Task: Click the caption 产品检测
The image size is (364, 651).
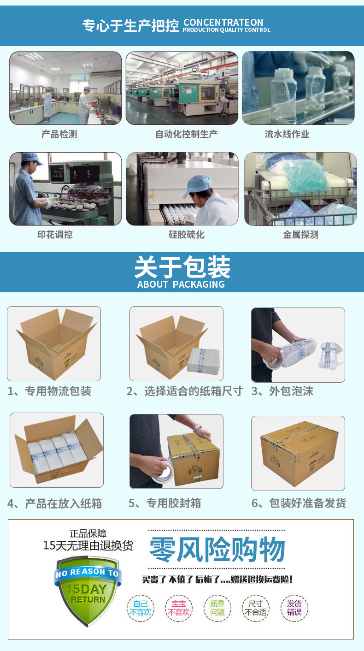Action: point(59,134)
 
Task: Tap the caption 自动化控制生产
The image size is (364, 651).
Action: point(186,134)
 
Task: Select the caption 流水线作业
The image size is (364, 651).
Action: point(287,134)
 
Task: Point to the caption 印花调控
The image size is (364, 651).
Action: point(55,235)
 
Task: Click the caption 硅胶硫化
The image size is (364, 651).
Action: point(187,235)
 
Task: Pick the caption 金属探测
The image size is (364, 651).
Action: point(301,235)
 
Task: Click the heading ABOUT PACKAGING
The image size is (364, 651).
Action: point(181,284)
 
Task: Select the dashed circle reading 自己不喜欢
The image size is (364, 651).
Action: point(141,608)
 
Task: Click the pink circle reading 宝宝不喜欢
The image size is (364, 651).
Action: point(179,608)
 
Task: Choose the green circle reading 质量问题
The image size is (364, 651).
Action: point(217,608)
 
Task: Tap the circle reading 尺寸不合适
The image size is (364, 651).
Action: point(256,608)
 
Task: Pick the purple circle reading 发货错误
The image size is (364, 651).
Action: point(294,608)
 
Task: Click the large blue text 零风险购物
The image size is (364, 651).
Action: point(217,549)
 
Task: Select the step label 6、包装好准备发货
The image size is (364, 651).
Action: point(299,503)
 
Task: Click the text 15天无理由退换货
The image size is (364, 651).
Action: point(88,545)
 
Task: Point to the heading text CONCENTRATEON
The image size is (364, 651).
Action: point(223,23)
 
